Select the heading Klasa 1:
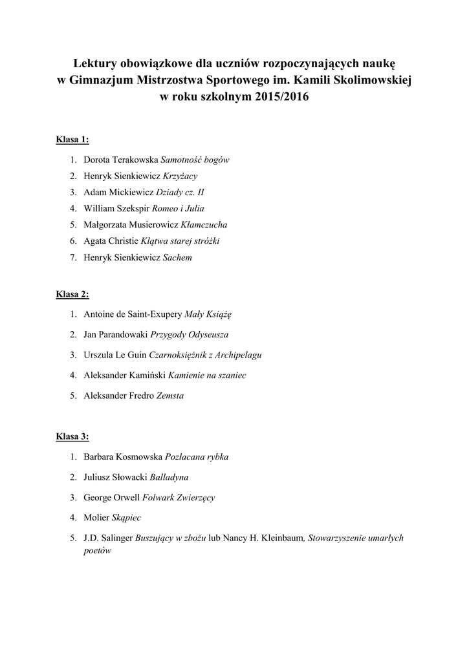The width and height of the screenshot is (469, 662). [x=72, y=140]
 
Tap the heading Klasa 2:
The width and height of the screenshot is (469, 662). [x=72, y=294]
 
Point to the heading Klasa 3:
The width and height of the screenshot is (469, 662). [x=72, y=436]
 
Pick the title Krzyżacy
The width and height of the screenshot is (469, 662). [x=180, y=175]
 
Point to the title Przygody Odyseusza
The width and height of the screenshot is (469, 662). [x=189, y=335]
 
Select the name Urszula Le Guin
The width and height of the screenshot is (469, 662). [x=115, y=355]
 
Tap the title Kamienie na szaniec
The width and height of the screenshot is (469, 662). [x=208, y=375]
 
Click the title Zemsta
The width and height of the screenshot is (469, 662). [x=170, y=395]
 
